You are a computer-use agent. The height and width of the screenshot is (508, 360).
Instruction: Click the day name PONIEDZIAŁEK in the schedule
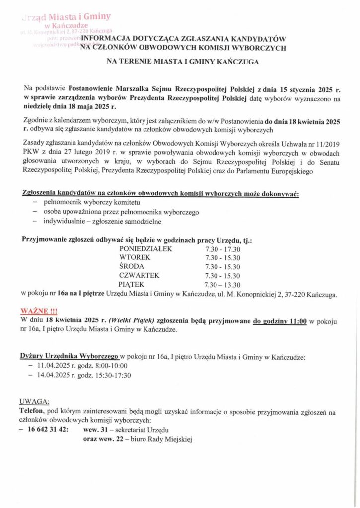[x=145, y=249]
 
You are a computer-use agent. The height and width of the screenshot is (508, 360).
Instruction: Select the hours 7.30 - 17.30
[x=222, y=249]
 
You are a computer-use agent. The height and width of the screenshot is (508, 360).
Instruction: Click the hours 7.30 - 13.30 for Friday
[x=222, y=285]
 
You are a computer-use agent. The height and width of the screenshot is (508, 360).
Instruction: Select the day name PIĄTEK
[x=132, y=285]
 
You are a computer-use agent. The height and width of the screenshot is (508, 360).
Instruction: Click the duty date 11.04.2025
[x=55, y=366]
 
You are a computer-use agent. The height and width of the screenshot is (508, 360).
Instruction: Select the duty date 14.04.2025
[x=55, y=375]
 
